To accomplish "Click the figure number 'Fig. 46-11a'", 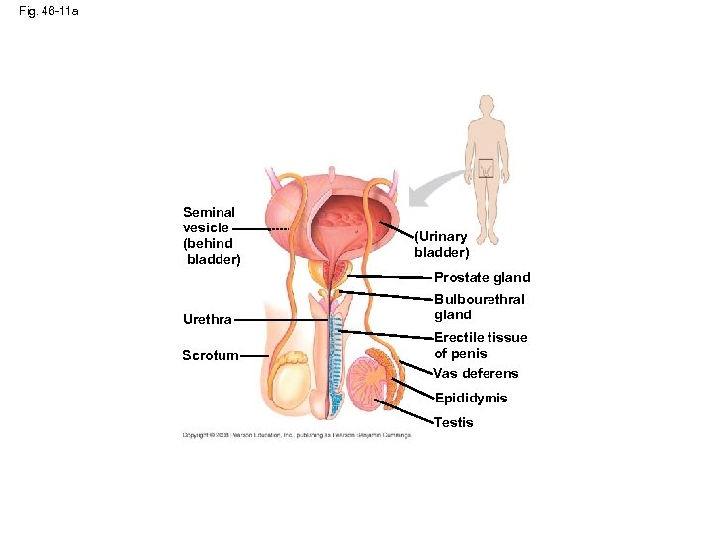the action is (x=48, y=13).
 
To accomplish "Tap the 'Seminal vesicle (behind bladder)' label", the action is (x=209, y=235).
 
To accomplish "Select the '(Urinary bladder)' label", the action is (x=441, y=244).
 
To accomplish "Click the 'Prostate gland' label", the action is (x=483, y=278).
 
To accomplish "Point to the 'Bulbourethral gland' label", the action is (x=480, y=307).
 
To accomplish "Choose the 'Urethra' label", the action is (x=208, y=320).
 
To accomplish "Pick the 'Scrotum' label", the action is (x=210, y=356).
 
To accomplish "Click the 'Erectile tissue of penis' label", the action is (x=481, y=345).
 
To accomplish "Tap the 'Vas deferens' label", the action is (x=477, y=374).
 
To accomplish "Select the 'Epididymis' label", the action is (x=472, y=399).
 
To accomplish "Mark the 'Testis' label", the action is (x=454, y=423).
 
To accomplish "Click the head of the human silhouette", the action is (x=486, y=105).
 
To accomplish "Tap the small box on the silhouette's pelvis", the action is (x=486, y=169).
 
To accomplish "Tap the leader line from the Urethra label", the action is (x=282, y=320).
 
